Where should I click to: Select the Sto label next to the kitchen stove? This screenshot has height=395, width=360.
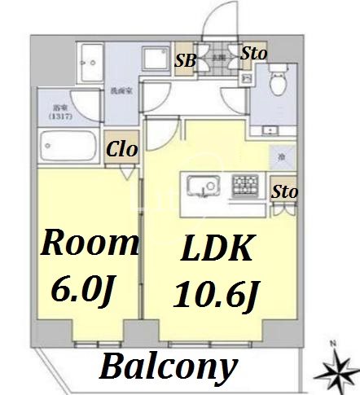[283, 192]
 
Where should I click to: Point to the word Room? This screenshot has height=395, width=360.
[89, 242]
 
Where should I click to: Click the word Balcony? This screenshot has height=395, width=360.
[168, 367]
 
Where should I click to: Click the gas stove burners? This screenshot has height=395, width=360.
[244, 186]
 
